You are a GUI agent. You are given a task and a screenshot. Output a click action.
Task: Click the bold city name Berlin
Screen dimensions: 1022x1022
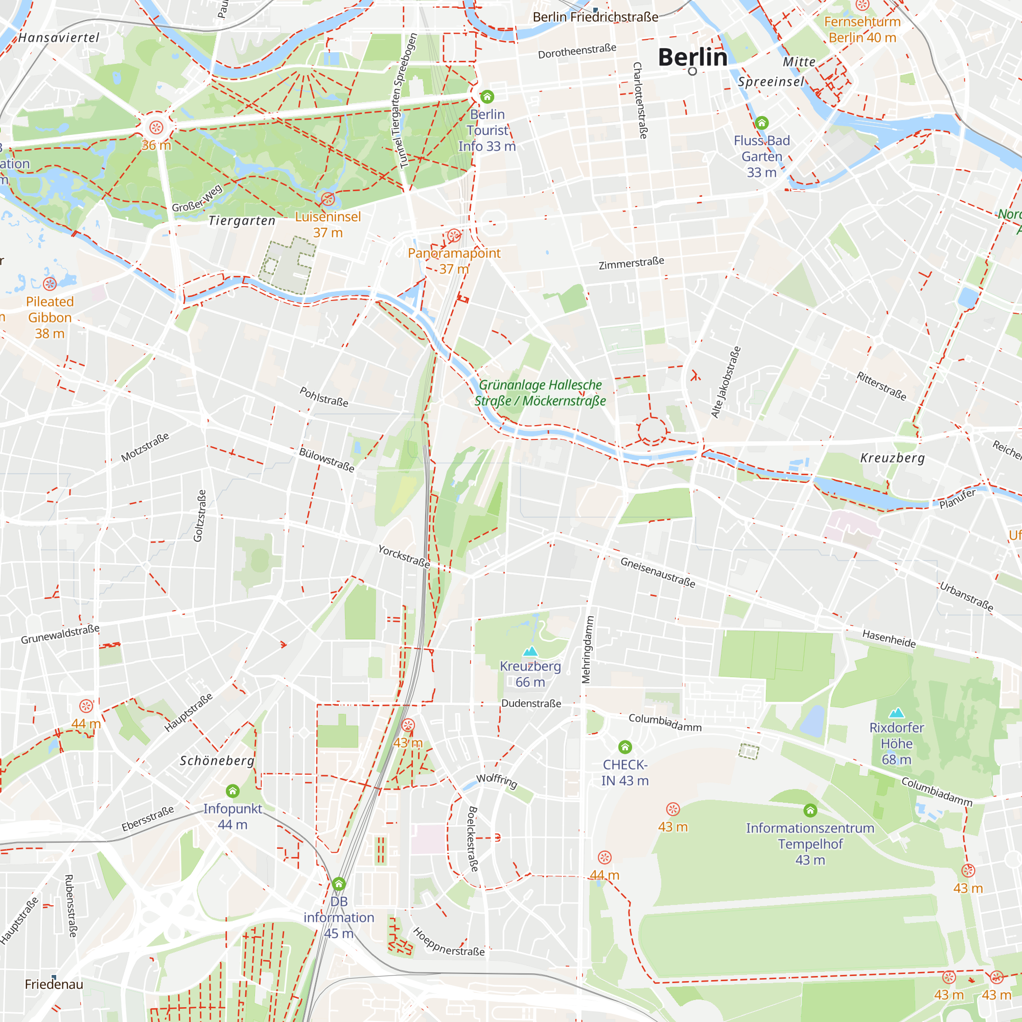point(692,57)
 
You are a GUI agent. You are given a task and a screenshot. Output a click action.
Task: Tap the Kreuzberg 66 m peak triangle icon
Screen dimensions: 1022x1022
point(530,651)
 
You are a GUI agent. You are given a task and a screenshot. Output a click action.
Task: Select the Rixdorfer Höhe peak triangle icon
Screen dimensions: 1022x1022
point(896,713)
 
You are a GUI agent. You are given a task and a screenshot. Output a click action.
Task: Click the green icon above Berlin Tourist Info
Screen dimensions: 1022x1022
point(487,97)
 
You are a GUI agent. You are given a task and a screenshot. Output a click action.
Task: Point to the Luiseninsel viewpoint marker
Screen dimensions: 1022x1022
point(328,199)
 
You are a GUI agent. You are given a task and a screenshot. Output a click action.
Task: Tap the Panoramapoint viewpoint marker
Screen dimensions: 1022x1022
point(454,236)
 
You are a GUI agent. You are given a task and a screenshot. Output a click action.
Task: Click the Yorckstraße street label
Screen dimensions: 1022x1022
point(404,557)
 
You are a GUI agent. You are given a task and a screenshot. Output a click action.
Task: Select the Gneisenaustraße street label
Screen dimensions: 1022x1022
point(658,572)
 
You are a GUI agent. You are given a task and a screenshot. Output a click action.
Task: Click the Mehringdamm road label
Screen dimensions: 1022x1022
point(588,649)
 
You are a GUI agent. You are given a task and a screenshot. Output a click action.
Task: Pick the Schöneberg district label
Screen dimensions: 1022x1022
point(217,761)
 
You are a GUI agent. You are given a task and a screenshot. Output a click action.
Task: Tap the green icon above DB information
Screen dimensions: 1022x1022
point(339,884)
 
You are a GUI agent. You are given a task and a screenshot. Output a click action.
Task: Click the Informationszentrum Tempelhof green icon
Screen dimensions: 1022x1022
point(810,810)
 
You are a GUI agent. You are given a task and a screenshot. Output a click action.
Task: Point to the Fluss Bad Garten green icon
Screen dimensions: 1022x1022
point(761,123)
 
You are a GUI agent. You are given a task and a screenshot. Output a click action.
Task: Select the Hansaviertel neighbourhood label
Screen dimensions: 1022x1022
point(59,37)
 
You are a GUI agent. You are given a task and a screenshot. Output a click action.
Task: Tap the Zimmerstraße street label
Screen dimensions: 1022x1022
point(631,263)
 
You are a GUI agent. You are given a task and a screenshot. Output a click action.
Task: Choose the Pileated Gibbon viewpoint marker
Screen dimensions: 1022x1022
point(50,284)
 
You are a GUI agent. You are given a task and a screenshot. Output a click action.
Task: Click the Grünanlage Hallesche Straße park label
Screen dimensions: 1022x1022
point(540,393)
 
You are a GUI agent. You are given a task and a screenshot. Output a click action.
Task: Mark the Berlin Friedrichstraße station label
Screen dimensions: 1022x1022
point(595,17)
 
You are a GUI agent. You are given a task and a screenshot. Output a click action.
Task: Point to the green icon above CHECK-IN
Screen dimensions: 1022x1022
point(625,747)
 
